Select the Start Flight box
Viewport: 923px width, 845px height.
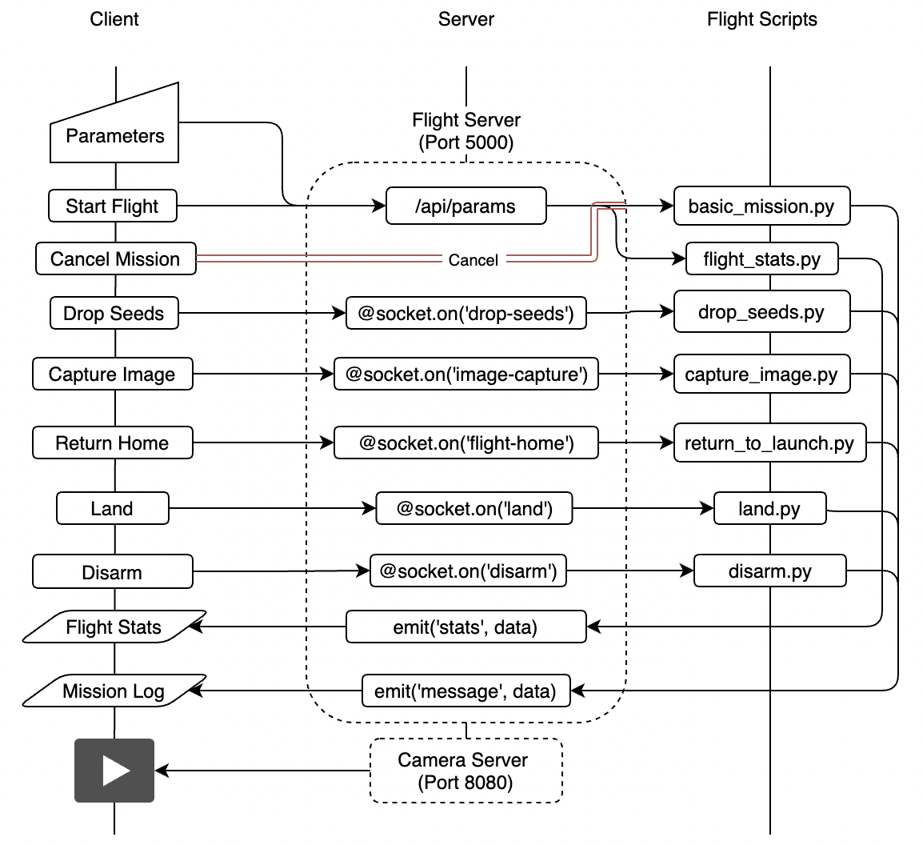click(112, 206)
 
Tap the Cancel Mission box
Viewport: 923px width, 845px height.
click(115, 259)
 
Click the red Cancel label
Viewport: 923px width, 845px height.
click(473, 260)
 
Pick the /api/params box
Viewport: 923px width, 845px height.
click(465, 206)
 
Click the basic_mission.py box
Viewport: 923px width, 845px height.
click(761, 206)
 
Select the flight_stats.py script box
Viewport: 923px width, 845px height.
click(761, 259)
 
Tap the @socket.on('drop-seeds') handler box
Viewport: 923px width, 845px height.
click(465, 314)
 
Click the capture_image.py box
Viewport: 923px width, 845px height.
click(761, 374)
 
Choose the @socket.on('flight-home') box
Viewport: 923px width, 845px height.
click(465, 443)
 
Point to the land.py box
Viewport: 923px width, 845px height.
click(769, 508)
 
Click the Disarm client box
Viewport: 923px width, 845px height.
click(112, 573)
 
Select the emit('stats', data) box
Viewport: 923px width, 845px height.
click(465, 627)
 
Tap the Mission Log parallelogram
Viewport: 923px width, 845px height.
click(114, 691)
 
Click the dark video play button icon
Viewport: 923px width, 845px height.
click(114, 771)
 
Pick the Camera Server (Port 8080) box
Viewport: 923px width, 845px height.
click(465, 771)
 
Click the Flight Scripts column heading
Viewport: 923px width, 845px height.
click(761, 19)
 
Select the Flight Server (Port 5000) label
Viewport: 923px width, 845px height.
click(465, 131)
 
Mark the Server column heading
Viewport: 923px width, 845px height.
click(465, 19)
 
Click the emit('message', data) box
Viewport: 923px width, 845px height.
click(465, 691)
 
